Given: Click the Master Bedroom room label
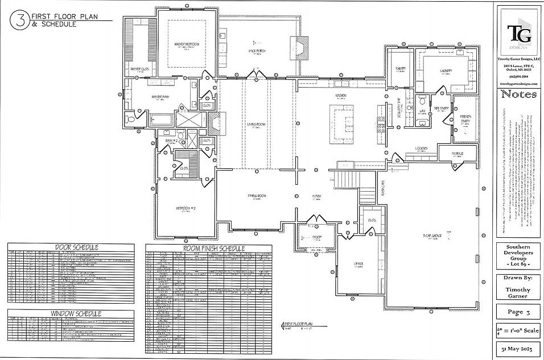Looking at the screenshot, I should (x=186, y=44).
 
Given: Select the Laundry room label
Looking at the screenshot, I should (x=446, y=71).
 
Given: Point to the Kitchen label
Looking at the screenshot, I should (x=341, y=95).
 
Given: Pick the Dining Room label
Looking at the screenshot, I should (x=258, y=196).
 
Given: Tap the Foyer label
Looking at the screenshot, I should (x=316, y=196).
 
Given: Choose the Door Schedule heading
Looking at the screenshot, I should (x=76, y=247).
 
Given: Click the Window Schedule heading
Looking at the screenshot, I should (x=76, y=313).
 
